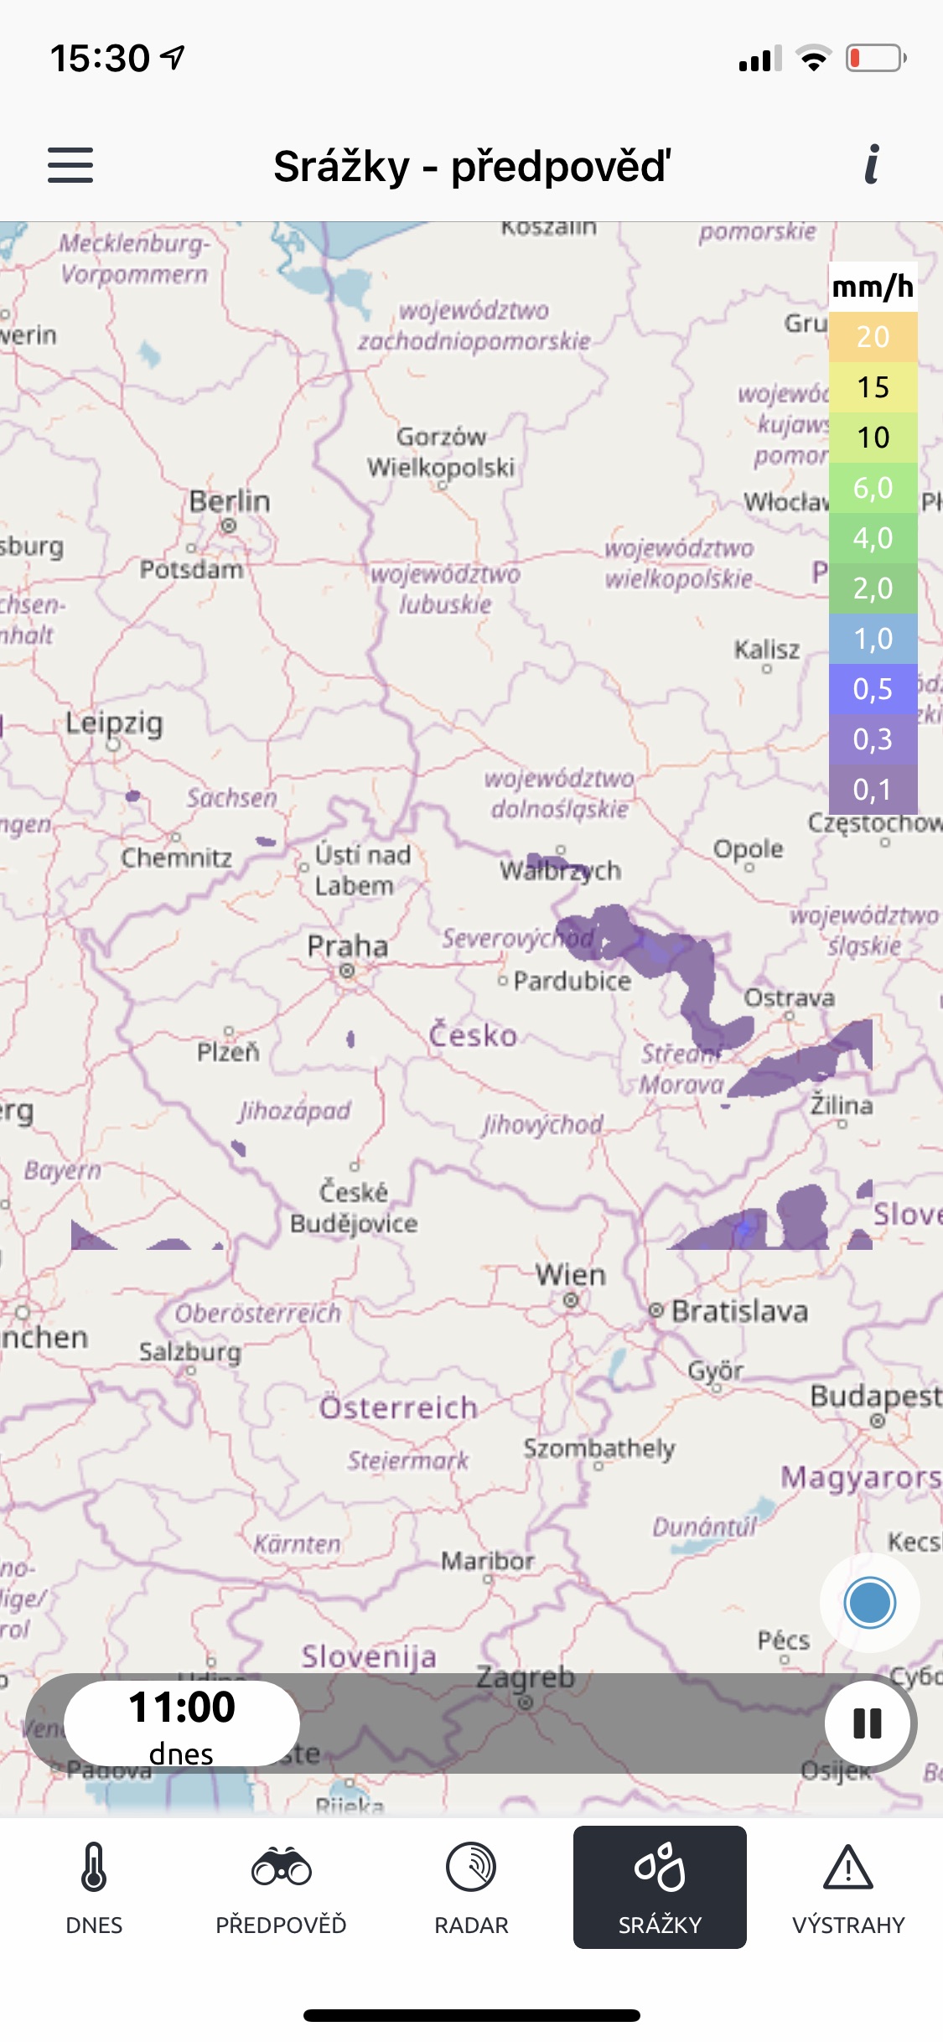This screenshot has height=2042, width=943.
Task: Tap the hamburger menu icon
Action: tap(70, 165)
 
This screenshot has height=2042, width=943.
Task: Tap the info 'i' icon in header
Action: tap(872, 165)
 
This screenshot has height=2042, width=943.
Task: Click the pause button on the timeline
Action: tap(868, 1723)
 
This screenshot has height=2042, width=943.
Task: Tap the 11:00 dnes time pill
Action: tap(182, 1723)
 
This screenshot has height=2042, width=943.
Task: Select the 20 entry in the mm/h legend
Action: tap(873, 337)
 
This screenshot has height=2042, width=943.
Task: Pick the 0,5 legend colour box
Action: tap(873, 689)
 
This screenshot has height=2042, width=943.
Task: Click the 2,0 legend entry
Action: tap(873, 588)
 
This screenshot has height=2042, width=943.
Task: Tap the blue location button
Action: tap(869, 1603)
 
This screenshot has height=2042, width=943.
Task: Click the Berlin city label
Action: tap(230, 502)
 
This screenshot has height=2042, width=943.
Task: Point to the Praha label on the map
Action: tap(347, 947)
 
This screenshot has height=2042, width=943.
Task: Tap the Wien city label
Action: tap(571, 1276)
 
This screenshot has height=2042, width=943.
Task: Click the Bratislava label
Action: tap(739, 1311)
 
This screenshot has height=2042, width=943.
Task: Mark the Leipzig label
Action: tap(114, 723)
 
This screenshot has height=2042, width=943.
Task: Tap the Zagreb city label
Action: tap(526, 1677)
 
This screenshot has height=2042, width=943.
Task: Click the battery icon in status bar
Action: tap(875, 59)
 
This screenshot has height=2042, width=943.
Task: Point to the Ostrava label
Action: tap(789, 998)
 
